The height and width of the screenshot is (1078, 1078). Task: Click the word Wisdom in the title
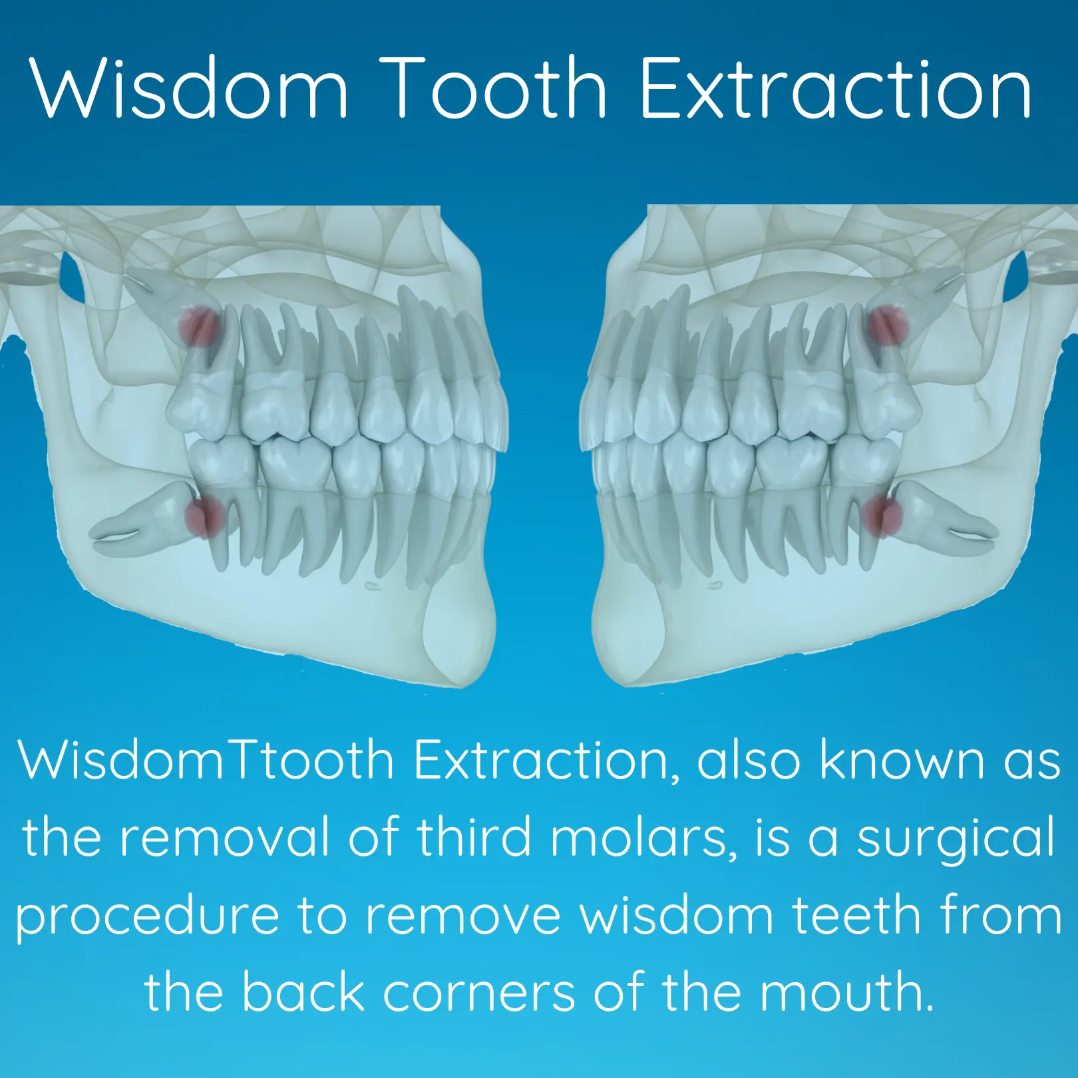click(189, 88)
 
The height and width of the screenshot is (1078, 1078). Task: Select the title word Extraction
click(835, 88)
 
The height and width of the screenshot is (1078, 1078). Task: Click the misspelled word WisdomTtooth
click(206, 760)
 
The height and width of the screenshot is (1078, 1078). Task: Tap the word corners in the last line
click(479, 992)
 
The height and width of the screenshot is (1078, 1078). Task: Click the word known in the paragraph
click(902, 760)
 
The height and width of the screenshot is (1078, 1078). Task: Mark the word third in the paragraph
click(474, 837)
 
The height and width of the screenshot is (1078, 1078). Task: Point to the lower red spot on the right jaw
click(882, 516)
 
